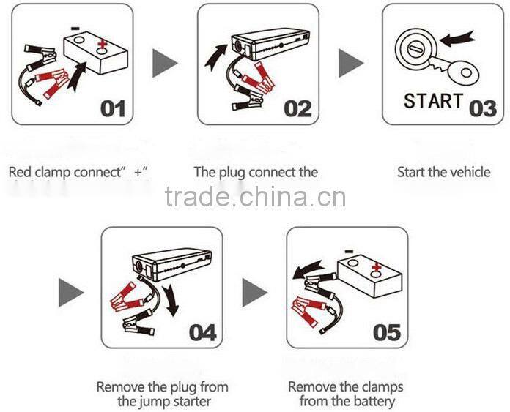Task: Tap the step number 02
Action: (297, 110)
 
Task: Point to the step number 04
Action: (203, 332)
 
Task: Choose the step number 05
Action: (387, 332)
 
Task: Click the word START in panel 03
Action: (434, 101)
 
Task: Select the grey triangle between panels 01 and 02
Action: (165, 64)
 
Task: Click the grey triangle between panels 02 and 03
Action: (351, 64)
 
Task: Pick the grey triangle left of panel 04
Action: (71, 293)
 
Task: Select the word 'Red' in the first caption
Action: (21, 173)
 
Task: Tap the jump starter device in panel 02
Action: (267, 47)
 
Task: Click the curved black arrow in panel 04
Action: (170, 300)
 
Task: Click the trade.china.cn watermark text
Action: (255, 197)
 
